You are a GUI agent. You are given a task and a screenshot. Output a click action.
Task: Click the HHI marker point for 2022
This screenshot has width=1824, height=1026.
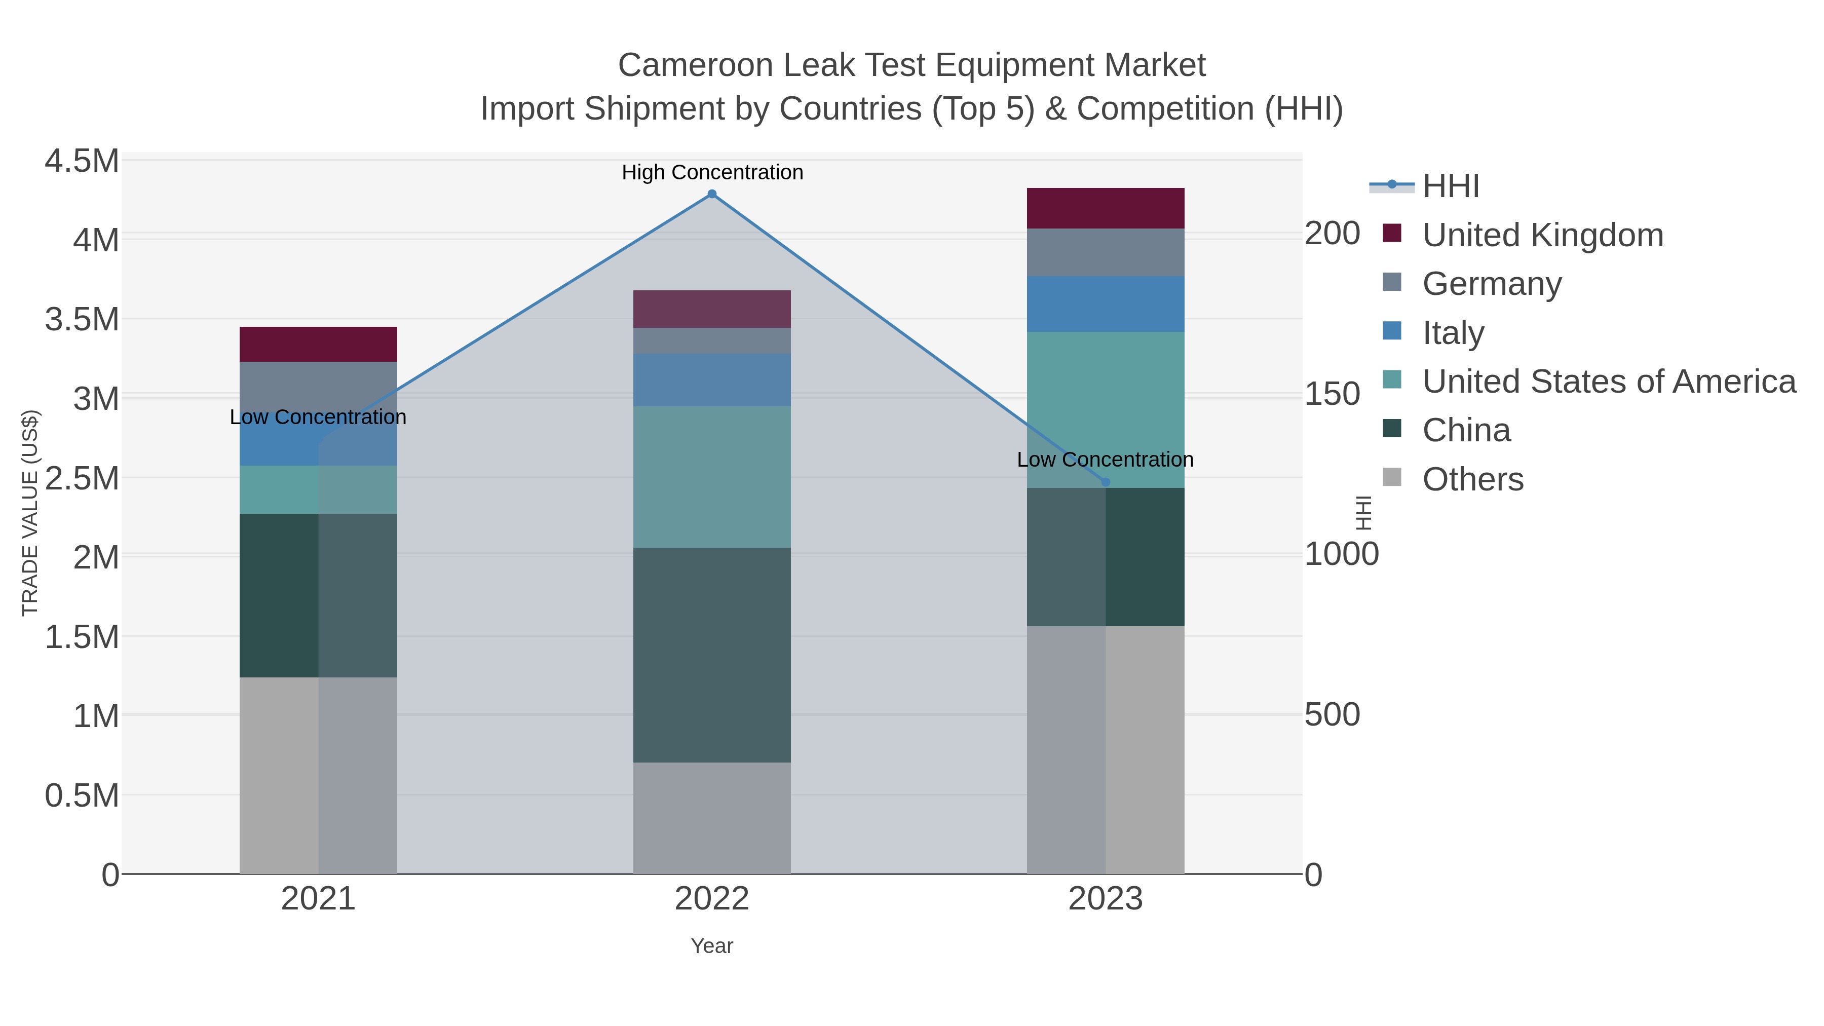pos(712,194)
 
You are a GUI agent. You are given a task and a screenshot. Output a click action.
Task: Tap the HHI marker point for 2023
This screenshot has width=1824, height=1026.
pos(1106,482)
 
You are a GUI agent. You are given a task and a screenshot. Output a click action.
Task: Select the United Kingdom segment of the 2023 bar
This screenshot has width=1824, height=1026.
pos(1106,208)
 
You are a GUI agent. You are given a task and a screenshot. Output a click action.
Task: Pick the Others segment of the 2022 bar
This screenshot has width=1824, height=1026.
pos(712,817)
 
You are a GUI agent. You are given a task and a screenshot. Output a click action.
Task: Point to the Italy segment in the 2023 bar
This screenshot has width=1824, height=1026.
pos(1106,304)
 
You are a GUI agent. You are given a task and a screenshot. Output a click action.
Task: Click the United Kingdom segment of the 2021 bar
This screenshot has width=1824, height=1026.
pos(318,344)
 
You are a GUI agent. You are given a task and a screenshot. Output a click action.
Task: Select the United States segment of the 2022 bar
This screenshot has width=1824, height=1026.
pos(712,477)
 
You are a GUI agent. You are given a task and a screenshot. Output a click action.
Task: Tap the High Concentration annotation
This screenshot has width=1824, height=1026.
pos(712,172)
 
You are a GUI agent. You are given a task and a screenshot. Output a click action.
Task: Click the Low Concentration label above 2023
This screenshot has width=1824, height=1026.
pos(1105,460)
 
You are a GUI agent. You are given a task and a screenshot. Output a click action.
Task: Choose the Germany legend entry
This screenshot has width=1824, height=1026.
pos(1491,284)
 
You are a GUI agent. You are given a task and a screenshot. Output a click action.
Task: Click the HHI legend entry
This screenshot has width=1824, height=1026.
pos(1450,186)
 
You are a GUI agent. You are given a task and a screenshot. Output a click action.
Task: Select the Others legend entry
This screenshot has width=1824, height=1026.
pos(1472,479)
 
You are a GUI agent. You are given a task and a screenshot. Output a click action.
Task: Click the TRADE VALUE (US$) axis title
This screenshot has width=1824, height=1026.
pos(30,513)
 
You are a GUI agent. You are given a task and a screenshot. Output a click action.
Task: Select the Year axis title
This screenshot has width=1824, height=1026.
pos(712,946)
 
